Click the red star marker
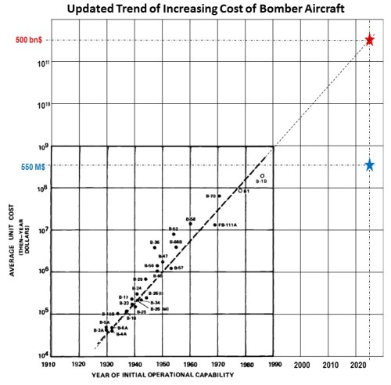point(370,40)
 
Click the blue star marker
point(370,165)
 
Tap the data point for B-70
point(219,196)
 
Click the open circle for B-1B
point(262,176)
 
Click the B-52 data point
point(174,234)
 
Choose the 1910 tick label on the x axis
point(48,364)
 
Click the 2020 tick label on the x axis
point(357,364)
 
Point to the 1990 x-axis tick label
point(273,364)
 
